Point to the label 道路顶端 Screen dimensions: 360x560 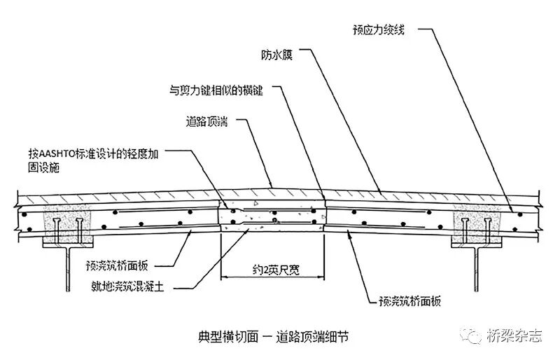click(x=209, y=121)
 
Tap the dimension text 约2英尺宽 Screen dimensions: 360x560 click(x=272, y=267)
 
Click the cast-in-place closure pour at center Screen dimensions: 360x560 click(x=273, y=218)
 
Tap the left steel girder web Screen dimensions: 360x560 click(x=66, y=270)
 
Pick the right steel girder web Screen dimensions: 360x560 click(x=477, y=270)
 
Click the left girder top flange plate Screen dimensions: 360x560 click(x=67, y=244)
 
